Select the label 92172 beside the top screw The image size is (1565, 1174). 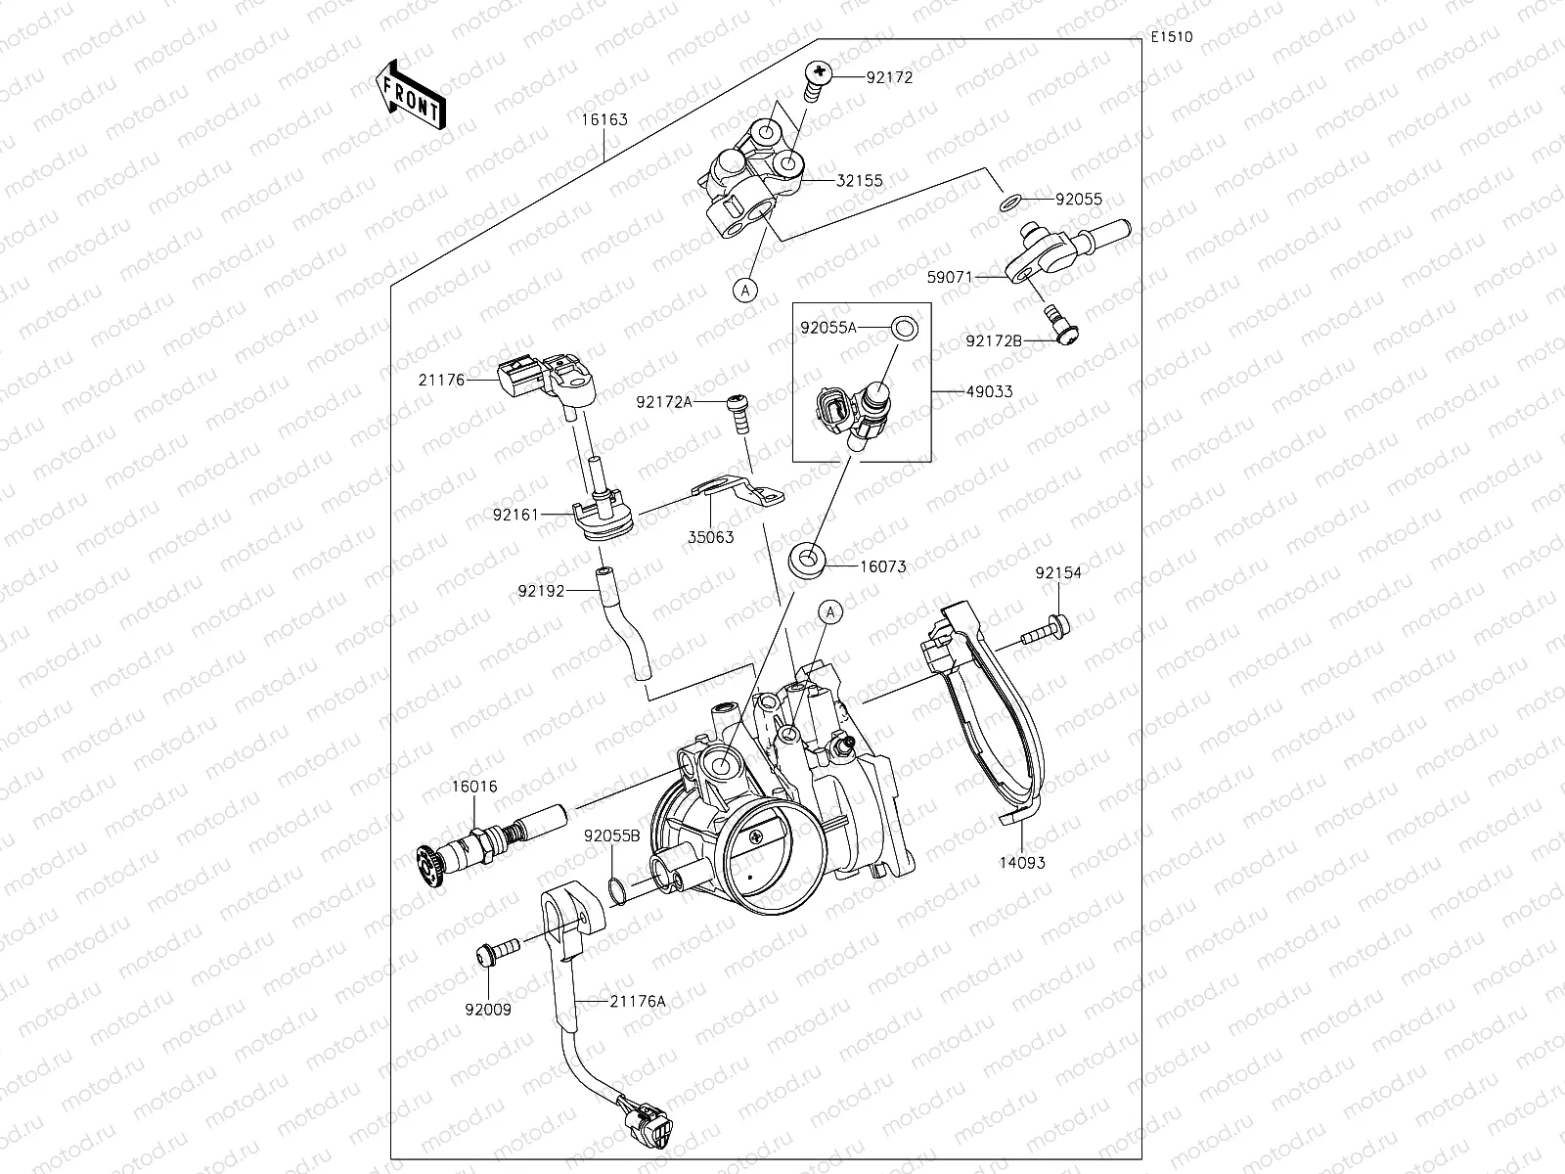889,77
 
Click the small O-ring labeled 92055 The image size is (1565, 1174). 1011,202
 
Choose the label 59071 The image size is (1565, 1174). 950,277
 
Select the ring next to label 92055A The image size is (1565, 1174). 905,327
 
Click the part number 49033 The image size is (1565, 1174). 989,391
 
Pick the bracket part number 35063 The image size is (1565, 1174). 711,537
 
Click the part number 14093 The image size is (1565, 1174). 1021,863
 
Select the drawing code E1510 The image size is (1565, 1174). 1171,37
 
